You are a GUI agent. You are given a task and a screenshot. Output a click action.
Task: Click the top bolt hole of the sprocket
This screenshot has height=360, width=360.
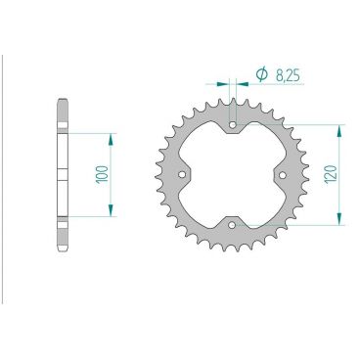point(233,125)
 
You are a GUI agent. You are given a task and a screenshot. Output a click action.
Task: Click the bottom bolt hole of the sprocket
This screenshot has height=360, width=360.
point(232,225)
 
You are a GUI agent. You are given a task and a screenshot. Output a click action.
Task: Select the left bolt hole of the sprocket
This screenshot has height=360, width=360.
point(182,175)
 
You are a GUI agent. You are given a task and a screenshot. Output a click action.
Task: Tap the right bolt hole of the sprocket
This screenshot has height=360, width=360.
point(283,175)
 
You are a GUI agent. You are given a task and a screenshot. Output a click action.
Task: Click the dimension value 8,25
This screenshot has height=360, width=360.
point(288,75)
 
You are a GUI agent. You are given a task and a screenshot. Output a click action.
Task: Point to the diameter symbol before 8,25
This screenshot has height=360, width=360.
point(261,74)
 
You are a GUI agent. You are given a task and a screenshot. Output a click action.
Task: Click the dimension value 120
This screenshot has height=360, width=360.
point(331,174)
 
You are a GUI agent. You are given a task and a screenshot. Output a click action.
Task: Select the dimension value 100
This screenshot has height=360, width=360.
point(102,174)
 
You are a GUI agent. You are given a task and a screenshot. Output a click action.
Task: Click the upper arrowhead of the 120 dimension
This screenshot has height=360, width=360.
point(339,131)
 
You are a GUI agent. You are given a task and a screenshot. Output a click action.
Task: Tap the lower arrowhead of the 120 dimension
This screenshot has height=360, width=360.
point(339,219)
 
